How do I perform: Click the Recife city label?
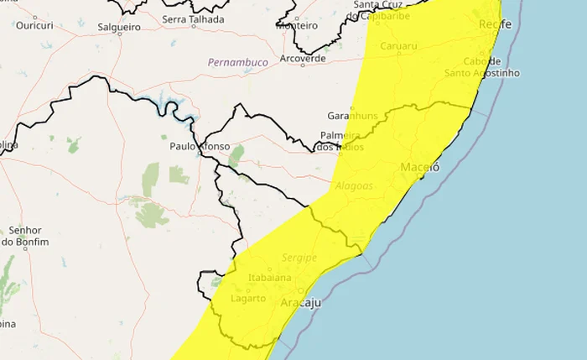click(495, 25)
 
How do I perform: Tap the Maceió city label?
click(420, 166)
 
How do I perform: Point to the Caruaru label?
click(398, 46)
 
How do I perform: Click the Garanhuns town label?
click(353, 116)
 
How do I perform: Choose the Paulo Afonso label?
click(199, 146)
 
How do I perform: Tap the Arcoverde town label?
click(303, 59)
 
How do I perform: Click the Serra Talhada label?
click(193, 19)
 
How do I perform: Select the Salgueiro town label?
click(118, 27)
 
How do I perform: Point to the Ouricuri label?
click(34, 26)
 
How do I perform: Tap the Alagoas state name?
click(353, 186)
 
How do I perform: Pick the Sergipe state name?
click(276, 258)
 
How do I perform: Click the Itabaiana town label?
click(270, 278)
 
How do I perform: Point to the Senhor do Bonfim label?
click(24, 236)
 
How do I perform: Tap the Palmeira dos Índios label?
click(342, 141)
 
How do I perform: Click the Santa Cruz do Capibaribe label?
click(384, 9)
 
